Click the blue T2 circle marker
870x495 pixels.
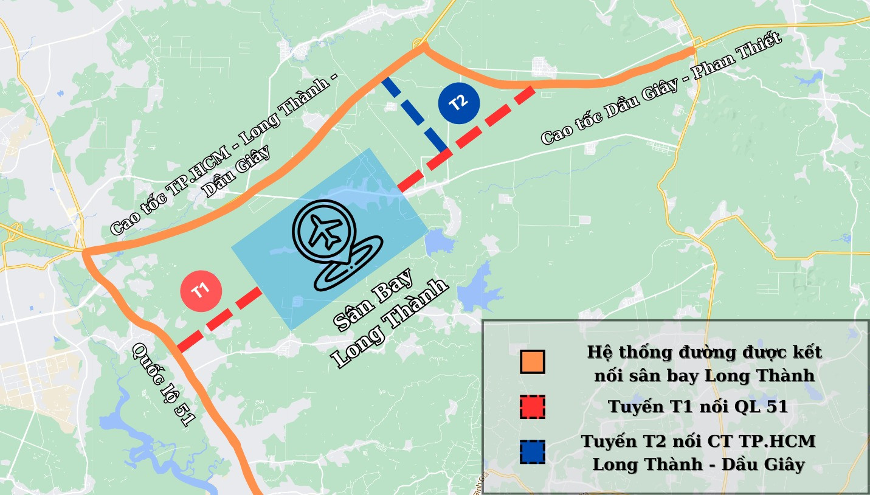459,103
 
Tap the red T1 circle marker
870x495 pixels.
201,291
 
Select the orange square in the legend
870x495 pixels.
533,362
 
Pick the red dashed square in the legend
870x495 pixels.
533,407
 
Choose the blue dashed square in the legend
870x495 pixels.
533,452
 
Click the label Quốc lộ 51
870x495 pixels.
164,384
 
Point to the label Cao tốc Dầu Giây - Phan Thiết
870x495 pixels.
661,89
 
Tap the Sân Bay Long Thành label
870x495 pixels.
389,317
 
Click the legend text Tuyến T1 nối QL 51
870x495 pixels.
698,407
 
